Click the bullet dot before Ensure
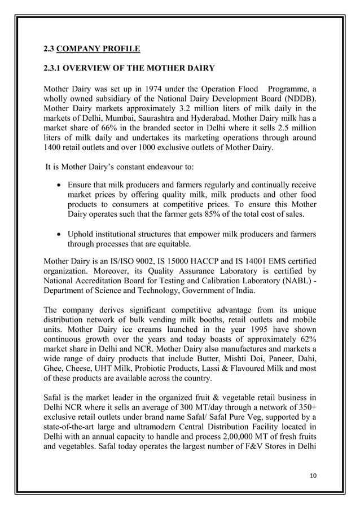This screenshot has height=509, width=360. [x=59, y=185]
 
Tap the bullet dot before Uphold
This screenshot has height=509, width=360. [x=59, y=235]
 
